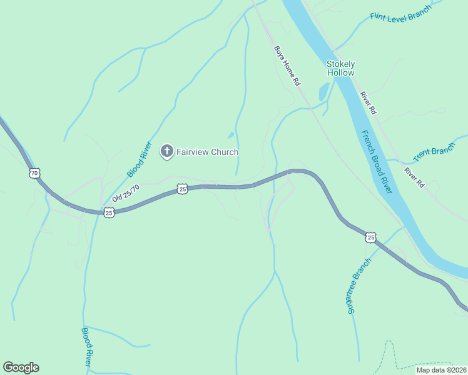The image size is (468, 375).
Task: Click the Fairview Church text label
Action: click(208, 152)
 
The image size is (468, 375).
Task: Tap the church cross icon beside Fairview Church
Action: click(167, 151)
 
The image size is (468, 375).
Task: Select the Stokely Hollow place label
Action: click(340, 68)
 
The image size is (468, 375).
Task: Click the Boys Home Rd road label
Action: click(287, 65)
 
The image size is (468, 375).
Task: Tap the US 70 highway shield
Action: click(34, 172)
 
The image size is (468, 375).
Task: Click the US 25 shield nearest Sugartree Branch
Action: click(371, 237)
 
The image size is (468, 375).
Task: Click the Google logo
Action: click(21, 367)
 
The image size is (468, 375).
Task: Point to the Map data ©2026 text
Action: click(441, 370)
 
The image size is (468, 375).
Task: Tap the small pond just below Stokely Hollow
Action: click(323, 92)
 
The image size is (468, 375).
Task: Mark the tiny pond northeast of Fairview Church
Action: click(231, 134)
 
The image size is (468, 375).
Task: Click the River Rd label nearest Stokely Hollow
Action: click(368, 103)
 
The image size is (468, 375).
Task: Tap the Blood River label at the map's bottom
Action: click(87, 347)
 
